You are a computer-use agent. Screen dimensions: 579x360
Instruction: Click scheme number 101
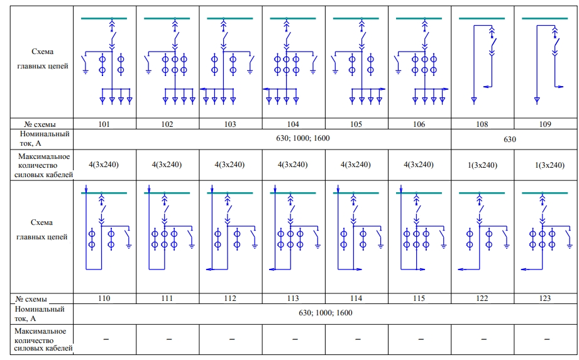[x=104, y=124]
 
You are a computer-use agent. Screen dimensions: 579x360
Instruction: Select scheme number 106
[x=419, y=124]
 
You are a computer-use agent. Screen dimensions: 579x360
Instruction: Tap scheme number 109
[x=545, y=124]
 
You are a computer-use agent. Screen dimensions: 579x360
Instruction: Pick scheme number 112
[x=230, y=298]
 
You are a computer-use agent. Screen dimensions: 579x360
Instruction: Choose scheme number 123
[x=545, y=298]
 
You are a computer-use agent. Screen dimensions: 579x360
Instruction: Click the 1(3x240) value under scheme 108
[x=483, y=165]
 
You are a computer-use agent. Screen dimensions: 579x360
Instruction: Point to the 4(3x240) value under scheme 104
[x=293, y=165]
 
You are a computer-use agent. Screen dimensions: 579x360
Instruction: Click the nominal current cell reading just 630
[x=510, y=139]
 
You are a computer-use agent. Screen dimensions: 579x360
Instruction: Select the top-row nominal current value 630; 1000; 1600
[x=303, y=138]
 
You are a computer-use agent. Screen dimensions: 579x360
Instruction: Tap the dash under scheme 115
[x=421, y=339]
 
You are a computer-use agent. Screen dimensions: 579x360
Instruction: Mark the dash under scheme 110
[x=106, y=339]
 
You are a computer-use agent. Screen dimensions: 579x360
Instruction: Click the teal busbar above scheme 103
[x=230, y=18]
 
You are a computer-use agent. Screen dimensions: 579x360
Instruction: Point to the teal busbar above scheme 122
[x=482, y=193]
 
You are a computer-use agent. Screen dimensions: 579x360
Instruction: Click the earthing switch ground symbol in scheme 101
[x=85, y=72]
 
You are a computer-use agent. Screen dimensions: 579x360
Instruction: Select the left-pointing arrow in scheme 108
[x=487, y=87]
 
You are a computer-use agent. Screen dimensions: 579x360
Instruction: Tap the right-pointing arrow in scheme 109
[x=560, y=87]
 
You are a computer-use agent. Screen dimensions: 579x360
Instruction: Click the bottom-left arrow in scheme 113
[x=273, y=270]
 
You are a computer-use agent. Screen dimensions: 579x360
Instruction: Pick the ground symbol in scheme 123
[x=570, y=246]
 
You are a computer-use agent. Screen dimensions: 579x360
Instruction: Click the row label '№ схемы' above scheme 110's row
[x=31, y=299]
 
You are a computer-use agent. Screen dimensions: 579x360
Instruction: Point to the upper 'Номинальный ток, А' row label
[x=44, y=139]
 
